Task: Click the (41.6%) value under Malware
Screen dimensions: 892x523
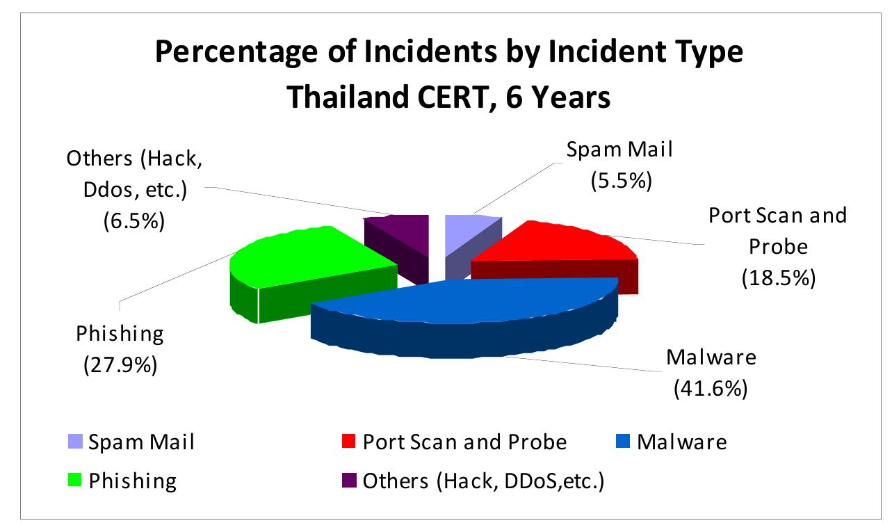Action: coord(711,388)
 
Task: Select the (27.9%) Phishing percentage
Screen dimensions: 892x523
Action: coord(120,364)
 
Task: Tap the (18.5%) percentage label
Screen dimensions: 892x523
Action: coord(779,277)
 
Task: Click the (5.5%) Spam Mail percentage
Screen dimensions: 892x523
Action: coord(622,180)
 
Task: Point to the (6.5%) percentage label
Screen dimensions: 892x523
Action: coord(133,220)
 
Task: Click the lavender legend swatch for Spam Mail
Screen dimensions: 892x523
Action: coord(75,442)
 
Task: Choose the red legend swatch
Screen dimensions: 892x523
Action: coord(348,442)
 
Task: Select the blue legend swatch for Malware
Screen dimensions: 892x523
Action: coord(623,442)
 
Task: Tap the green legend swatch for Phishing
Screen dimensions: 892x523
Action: coord(75,480)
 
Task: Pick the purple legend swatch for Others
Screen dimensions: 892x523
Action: coord(349,480)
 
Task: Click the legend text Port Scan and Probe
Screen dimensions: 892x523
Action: coord(464,442)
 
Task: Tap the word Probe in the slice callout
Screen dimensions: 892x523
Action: coord(779,247)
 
